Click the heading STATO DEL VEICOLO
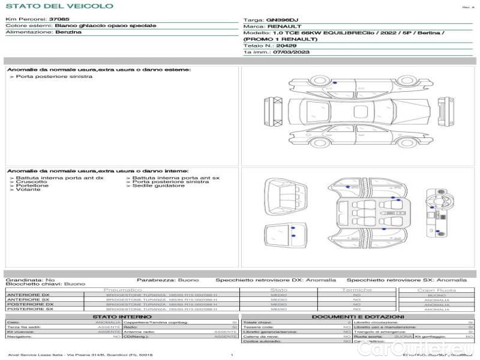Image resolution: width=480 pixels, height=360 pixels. point(59,6)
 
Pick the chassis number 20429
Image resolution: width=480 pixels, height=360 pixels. point(287,46)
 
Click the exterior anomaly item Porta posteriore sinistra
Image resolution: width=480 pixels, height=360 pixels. point(54,76)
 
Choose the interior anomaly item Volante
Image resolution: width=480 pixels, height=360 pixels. point(28,190)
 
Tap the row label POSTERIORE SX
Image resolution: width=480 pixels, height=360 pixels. point(29,309)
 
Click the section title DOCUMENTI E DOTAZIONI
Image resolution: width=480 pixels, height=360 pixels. point(358,316)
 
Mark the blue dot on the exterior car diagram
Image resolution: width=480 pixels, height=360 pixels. point(335,82)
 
